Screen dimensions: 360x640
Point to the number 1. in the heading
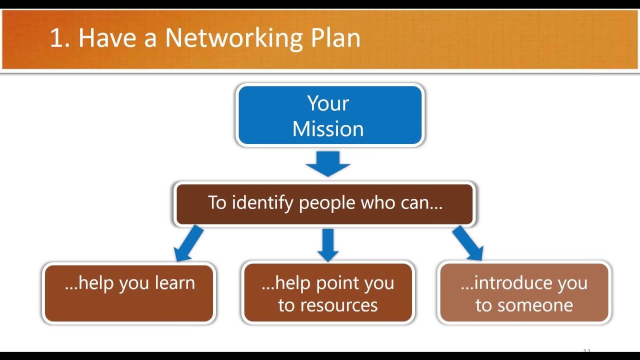click(59, 38)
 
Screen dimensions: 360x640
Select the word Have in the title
click(107, 38)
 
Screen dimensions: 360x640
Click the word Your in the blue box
click(328, 103)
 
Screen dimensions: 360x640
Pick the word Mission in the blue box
click(328, 129)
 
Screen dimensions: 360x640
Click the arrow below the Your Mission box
click(328, 163)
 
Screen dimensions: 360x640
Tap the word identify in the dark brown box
click(262, 203)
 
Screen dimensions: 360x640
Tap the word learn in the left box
click(174, 283)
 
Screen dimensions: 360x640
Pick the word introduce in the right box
click(507, 283)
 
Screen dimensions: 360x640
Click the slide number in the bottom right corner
click(587, 351)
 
